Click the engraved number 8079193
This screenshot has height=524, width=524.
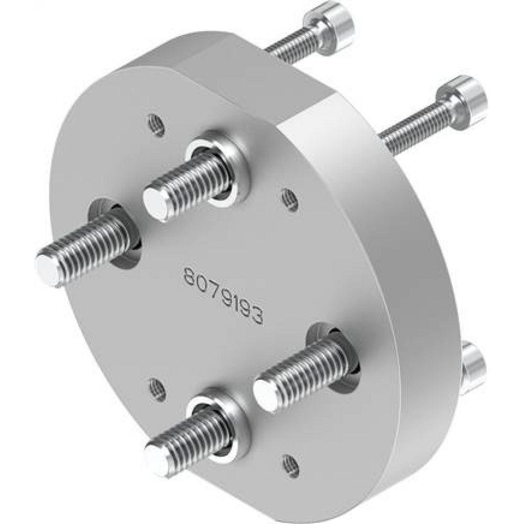223,294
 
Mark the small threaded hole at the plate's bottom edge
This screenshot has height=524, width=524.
290,463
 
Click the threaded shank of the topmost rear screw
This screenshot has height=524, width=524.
293,45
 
